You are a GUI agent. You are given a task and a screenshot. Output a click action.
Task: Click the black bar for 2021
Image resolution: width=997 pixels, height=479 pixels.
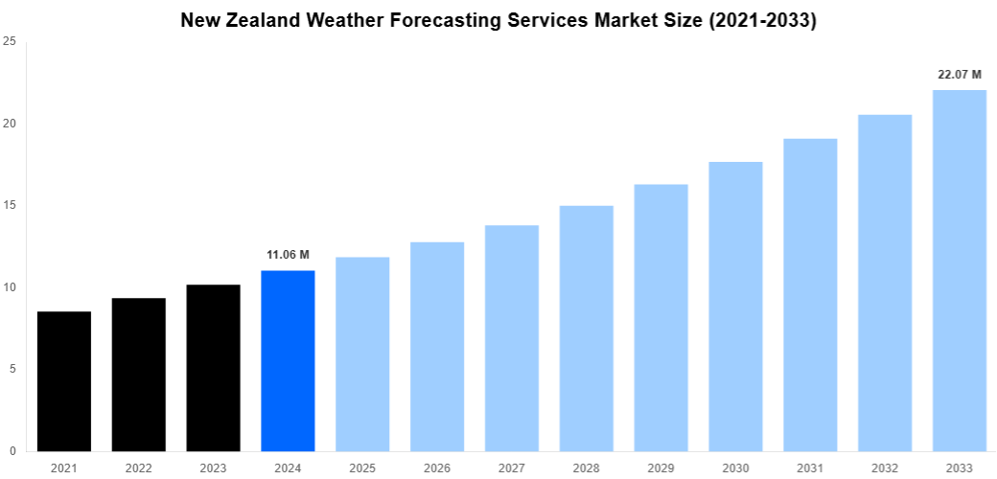click(64, 381)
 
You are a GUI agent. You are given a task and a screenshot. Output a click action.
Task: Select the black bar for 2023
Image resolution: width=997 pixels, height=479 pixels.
click(213, 368)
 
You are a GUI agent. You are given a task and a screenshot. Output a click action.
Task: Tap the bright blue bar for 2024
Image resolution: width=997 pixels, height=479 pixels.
click(288, 361)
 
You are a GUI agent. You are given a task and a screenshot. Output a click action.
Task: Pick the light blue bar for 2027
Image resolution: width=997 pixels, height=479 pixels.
click(512, 338)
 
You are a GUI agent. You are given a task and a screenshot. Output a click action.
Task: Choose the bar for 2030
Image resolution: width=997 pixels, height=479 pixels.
click(735, 307)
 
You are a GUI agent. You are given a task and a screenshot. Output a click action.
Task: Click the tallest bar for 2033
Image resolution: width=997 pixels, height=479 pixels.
click(960, 270)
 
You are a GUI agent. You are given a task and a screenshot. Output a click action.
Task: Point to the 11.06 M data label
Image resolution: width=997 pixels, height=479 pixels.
click(288, 255)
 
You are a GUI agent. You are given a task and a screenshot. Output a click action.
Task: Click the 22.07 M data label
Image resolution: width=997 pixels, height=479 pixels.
click(960, 74)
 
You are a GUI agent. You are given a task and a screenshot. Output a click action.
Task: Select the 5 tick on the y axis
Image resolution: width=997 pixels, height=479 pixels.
click(12, 369)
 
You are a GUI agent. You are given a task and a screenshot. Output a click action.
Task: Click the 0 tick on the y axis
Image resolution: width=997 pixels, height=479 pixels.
click(12, 451)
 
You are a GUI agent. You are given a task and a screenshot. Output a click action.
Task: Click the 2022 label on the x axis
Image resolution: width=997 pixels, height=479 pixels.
click(138, 468)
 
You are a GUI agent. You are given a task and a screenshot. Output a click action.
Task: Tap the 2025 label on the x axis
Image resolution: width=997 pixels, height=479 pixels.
click(362, 468)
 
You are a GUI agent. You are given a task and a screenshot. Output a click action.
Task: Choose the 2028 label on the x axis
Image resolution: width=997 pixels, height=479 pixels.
click(587, 468)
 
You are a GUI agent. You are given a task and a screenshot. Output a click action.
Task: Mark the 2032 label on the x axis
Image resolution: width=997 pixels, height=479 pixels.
click(885, 468)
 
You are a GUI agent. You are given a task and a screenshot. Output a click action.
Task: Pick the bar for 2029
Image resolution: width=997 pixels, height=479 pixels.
click(661, 317)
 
